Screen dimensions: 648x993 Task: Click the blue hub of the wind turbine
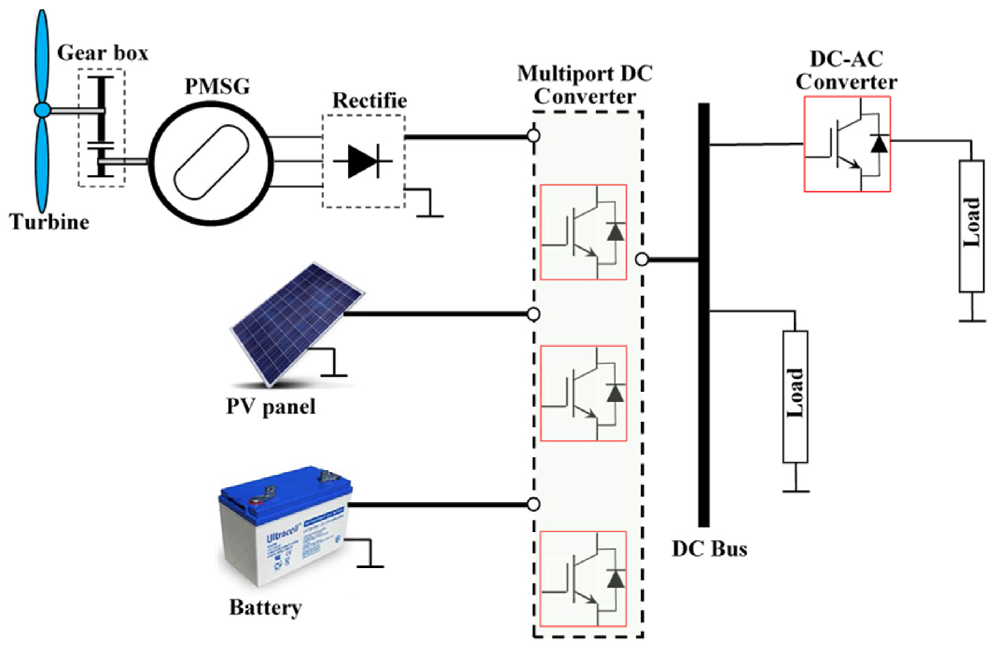point(42,111)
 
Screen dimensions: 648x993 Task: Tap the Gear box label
point(102,53)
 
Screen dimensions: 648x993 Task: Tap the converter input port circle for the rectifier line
point(534,136)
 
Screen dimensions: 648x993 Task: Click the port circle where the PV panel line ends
point(534,314)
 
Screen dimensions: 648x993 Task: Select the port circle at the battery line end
point(533,505)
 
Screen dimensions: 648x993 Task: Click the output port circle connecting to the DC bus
point(642,260)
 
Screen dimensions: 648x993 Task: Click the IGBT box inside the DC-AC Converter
point(847,144)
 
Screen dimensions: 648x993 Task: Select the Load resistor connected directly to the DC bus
point(795,396)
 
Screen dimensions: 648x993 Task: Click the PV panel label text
point(271,406)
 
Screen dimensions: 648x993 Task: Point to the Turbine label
point(49,222)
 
